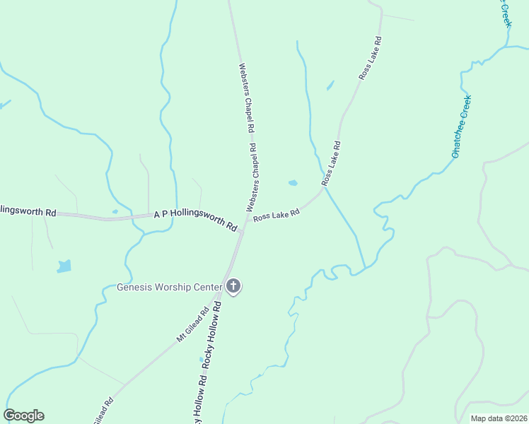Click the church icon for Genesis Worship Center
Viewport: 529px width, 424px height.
(x=234, y=286)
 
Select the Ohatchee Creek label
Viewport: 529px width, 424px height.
(x=461, y=126)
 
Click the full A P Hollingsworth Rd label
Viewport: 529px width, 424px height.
(x=194, y=219)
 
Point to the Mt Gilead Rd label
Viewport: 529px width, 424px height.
(x=192, y=324)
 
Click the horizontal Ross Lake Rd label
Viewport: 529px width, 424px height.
(x=277, y=215)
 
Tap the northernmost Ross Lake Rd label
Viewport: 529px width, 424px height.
(x=371, y=59)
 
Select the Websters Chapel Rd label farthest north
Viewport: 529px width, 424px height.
(x=245, y=99)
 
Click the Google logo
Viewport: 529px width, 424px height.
(x=23, y=416)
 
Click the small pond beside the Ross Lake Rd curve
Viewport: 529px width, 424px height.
(x=293, y=183)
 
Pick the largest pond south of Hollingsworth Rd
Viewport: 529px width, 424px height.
(x=64, y=266)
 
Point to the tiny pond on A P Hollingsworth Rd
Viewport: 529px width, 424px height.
(x=115, y=211)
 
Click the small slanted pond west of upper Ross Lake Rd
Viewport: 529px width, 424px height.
(x=330, y=86)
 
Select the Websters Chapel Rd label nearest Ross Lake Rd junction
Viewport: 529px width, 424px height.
(x=252, y=177)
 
